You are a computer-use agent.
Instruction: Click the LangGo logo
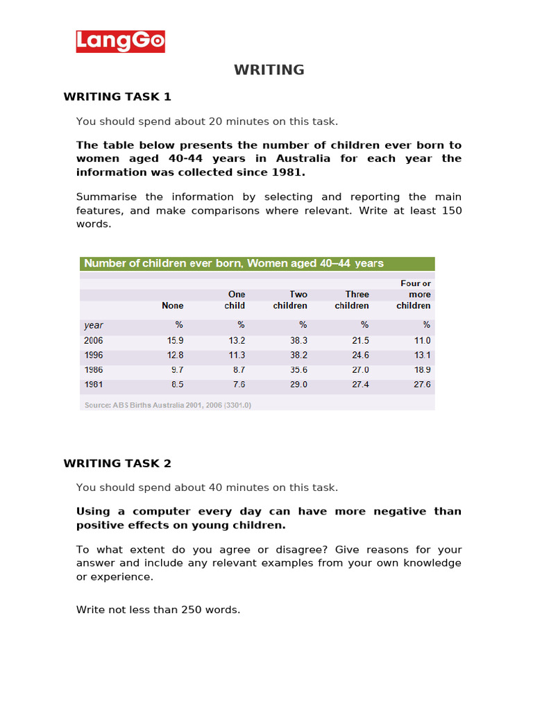click(x=121, y=42)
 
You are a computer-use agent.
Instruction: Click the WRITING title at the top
click(x=269, y=69)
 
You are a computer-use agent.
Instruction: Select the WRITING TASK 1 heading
click(x=117, y=97)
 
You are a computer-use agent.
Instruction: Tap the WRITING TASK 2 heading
click(x=117, y=463)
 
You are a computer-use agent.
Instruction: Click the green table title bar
click(x=257, y=264)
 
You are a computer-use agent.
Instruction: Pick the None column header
click(x=173, y=306)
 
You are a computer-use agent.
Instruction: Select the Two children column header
click(x=290, y=300)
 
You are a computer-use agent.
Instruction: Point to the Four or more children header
click(x=414, y=294)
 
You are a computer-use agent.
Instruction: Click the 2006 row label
click(x=94, y=341)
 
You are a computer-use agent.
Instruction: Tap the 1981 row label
click(x=94, y=385)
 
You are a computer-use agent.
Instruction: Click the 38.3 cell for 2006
click(x=298, y=341)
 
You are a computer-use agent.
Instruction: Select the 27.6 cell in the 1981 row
click(x=422, y=385)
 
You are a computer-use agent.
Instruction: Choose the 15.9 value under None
click(x=175, y=341)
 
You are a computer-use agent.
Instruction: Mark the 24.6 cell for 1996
click(x=360, y=355)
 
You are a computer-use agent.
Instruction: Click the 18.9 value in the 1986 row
click(x=422, y=370)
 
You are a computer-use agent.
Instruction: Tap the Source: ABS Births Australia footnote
click(x=167, y=405)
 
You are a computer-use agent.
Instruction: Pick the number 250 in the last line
click(x=193, y=610)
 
